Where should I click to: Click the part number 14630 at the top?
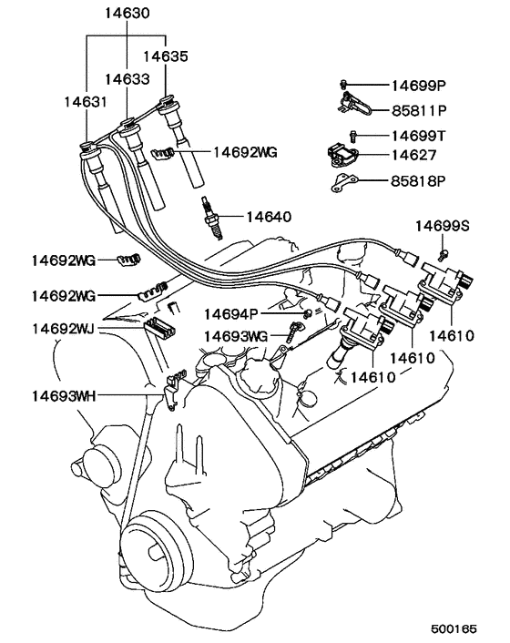126,15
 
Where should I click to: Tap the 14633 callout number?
126,79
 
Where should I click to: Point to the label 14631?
84,103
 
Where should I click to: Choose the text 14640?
269,217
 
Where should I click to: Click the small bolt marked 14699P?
347,85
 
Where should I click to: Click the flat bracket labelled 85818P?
342,184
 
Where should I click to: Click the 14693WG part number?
235,336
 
